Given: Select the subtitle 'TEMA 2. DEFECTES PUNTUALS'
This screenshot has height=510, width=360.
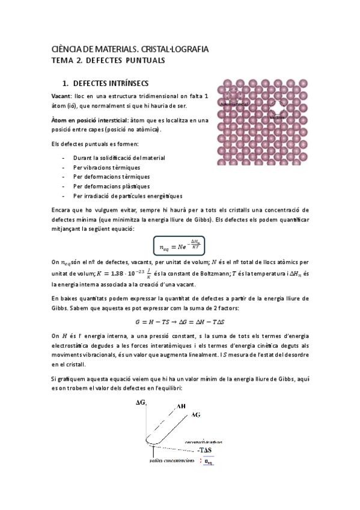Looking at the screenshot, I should pos(108,60).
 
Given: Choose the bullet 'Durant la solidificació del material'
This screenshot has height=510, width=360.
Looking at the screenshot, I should pos(119,158).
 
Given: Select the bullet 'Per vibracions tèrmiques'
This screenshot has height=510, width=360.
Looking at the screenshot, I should pos(106,167).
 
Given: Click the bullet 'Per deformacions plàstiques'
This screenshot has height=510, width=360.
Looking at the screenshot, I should pos(111,186).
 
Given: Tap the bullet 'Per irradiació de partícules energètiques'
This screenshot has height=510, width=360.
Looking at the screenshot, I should pos(128,196).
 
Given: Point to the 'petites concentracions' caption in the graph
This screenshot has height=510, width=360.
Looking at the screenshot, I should pos(172,461).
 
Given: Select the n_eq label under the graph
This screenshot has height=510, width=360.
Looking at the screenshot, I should pos(209,462).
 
